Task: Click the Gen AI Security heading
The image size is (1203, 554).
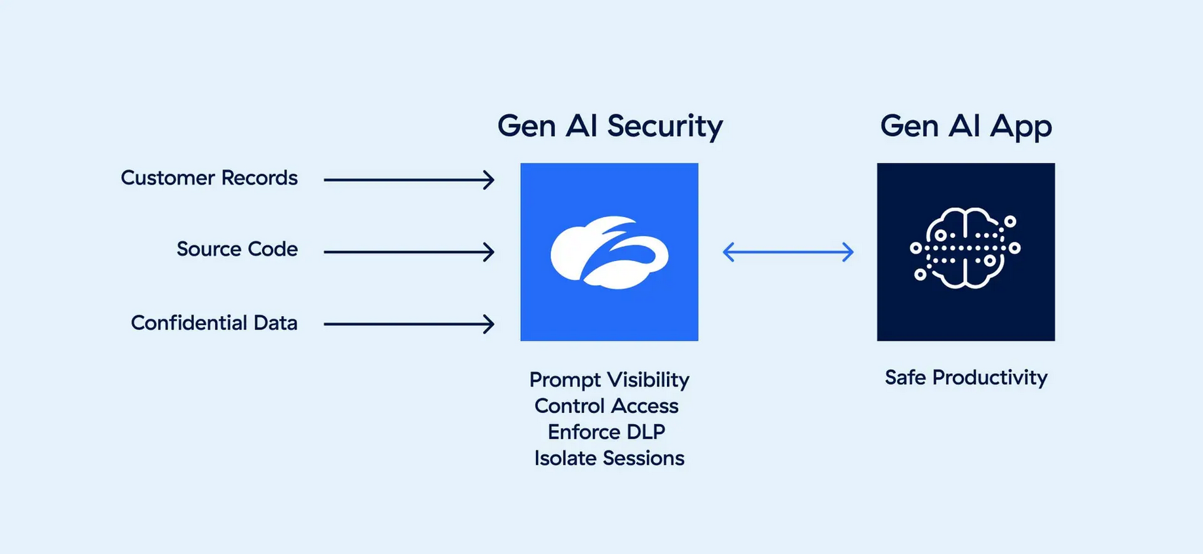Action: [610, 127]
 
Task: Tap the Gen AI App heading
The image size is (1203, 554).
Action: [966, 127]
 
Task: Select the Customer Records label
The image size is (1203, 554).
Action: [209, 178]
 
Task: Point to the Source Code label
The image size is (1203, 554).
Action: [237, 249]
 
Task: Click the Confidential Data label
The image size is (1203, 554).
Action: [214, 323]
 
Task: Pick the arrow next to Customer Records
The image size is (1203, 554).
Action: [409, 180]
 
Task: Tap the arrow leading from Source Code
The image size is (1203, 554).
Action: [409, 252]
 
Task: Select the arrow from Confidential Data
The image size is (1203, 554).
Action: [409, 324]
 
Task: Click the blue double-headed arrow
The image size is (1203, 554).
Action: [788, 252]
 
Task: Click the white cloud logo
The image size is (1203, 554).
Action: [609, 252]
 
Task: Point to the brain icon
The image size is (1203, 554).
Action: [965, 248]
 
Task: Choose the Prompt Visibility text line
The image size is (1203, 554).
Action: [609, 380]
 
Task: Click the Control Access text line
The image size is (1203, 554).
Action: [607, 406]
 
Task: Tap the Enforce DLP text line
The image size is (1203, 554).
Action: [607, 432]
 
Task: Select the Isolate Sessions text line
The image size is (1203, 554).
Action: [609, 458]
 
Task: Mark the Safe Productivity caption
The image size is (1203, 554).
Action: [966, 378]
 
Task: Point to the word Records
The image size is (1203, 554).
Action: [259, 178]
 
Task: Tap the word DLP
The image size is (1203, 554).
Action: [646, 432]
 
